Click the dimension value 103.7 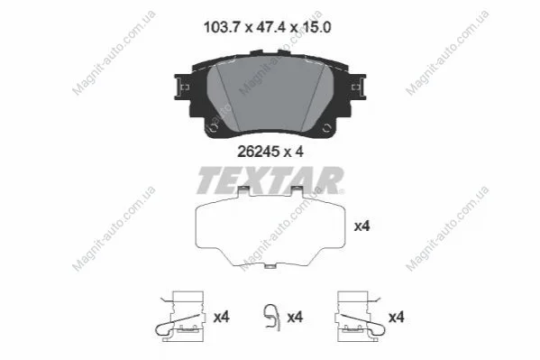[221, 27]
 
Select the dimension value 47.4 [271, 27]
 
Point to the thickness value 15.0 [316, 27]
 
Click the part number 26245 [258, 152]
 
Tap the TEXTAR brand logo [270, 180]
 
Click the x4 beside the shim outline [362, 226]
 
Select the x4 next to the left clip [222, 317]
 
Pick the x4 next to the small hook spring [295, 317]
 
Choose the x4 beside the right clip [397, 317]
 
